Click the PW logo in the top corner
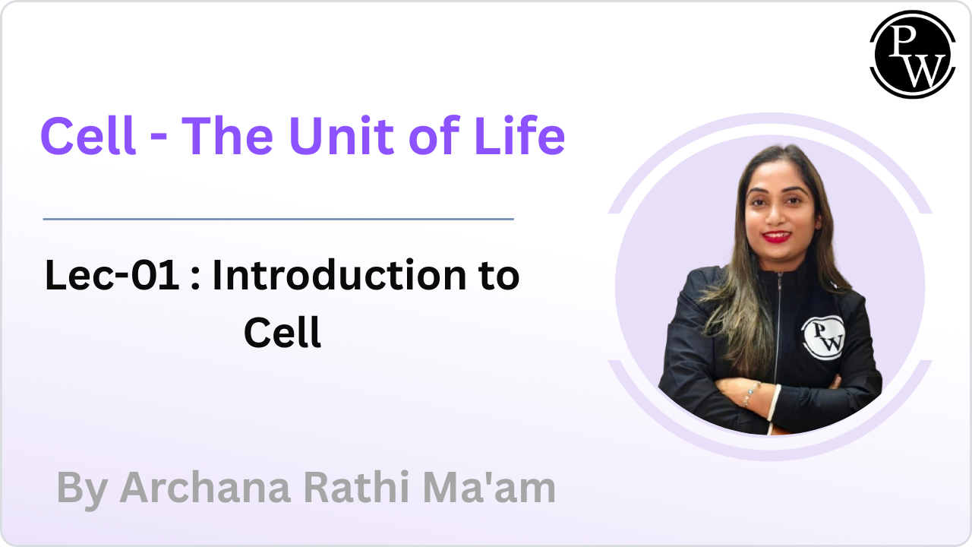[x=913, y=54]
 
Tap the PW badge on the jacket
[x=823, y=338]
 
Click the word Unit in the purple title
[x=342, y=135]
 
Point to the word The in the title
[x=227, y=135]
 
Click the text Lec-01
[x=112, y=275]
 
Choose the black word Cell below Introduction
[x=282, y=332]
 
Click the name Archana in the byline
[x=205, y=488]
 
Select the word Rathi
[x=356, y=487]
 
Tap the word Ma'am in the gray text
[x=489, y=487]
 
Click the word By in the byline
[x=82, y=490]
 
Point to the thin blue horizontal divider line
[x=279, y=220]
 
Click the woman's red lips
[x=777, y=236]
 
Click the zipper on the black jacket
[x=778, y=330]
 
